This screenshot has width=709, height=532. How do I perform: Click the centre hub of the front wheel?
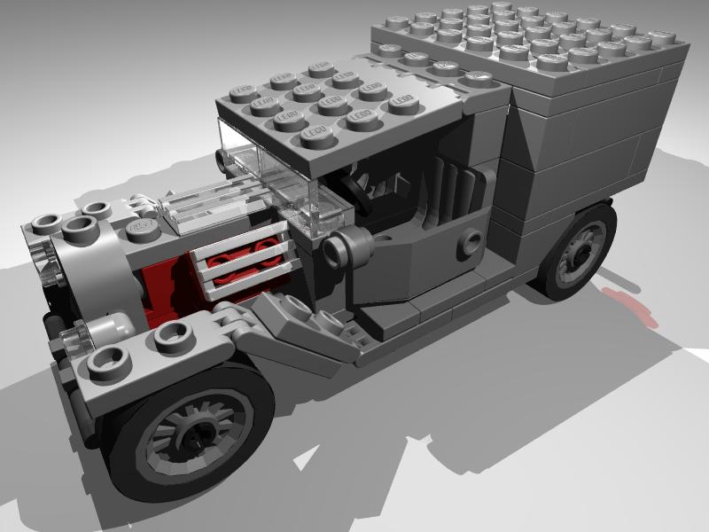coord(191,434)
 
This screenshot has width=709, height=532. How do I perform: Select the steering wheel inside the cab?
coord(359,186)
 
